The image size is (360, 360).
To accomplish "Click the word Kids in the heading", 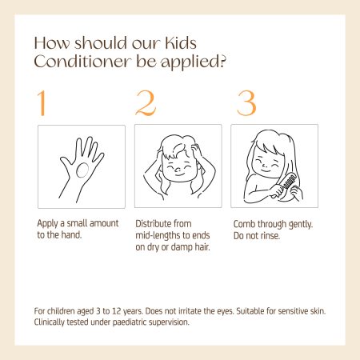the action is click(181, 43).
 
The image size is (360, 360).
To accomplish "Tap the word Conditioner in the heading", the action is click(82, 62).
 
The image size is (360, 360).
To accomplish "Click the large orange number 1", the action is click(42, 103).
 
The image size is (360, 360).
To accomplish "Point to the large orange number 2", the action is click(146, 103).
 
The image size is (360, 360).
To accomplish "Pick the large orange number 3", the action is click(246, 103).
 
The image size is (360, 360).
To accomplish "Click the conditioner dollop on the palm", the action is click(82, 170).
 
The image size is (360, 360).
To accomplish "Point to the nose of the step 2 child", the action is click(178, 169).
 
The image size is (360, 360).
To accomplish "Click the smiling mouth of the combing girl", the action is click(265, 170).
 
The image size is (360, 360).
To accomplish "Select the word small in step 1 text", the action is click(77, 223).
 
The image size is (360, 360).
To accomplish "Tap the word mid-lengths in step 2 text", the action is click(158, 236).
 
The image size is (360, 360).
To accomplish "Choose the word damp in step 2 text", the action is click(182, 247).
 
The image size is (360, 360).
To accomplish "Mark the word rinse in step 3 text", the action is click(270, 236).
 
